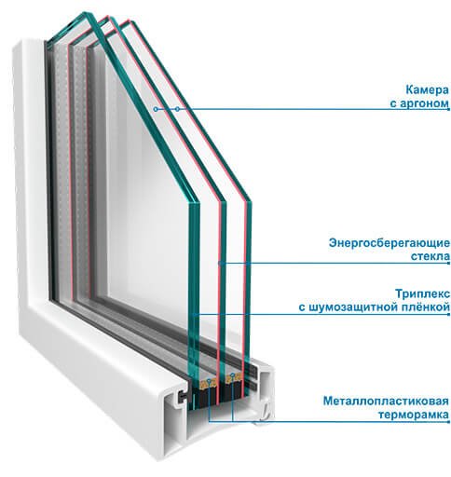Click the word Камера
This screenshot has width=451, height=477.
pyautogui.click(x=427, y=90)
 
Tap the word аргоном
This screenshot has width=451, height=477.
pyautogui.click(x=424, y=103)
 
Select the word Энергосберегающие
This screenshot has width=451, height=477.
pyautogui.click(x=389, y=243)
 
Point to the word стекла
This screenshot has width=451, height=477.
pyautogui.click(x=430, y=256)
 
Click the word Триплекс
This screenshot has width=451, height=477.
pyautogui.click(x=422, y=293)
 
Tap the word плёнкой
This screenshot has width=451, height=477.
pyautogui.click(x=425, y=307)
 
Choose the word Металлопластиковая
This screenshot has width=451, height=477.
pyautogui.click(x=386, y=401)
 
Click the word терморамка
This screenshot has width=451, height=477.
pyautogui.click(x=414, y=415)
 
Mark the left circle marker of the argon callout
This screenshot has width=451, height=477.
pyautogui.click(x=156, y=109)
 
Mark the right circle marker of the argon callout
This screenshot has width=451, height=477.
pyautogui.click(x=177, y=109)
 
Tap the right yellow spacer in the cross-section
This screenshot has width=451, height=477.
pyautogui.click(x=233, y=377)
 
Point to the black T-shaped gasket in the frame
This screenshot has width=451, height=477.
pyautogui.click(x=181, y=396)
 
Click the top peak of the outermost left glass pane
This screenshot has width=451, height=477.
pyautogui.click(x=85, y=12)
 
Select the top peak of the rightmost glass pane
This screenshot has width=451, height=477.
pyautogui.click(x=130, y=20)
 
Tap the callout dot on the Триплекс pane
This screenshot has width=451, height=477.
pyautogui.click(x=194, y=315)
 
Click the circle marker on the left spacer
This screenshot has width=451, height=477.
pyautogui.click(x=209, y=380)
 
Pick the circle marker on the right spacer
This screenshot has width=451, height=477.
pyautogui.click(x=232, y=375)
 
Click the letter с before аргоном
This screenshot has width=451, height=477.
pyautogui.click(x=393, y=104)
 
